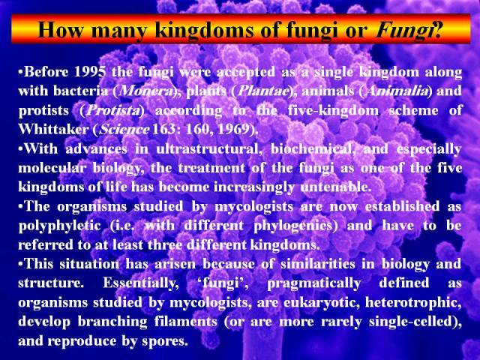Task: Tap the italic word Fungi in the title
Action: pos(403,31)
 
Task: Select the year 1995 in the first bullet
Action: pos(90,72)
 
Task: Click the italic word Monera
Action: pos(145,91)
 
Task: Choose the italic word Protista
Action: pos(112,110)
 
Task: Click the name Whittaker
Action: pos(53,129)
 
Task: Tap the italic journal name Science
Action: pos(124,129)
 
